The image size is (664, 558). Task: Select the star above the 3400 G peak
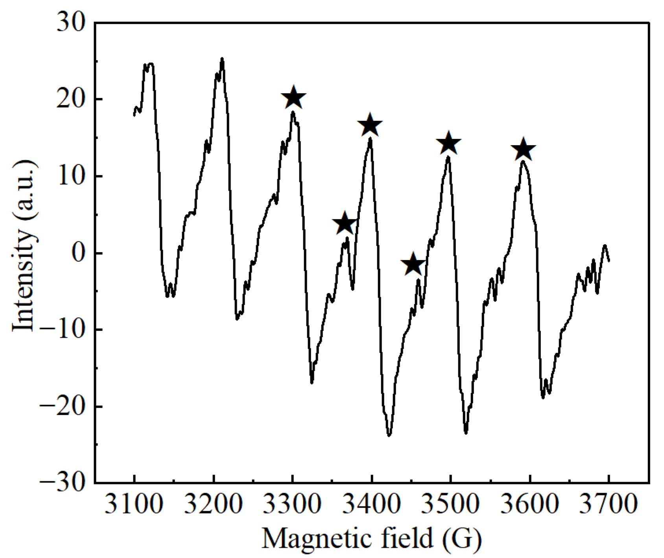(370, 125)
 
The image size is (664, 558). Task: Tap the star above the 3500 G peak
(448, 144)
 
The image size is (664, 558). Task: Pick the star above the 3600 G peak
(523, 150)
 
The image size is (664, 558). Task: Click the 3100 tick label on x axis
(134, 504)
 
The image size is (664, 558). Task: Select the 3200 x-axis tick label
(213, 504)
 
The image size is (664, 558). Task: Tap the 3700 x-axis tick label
(608, 504)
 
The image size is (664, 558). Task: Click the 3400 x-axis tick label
(371, 504)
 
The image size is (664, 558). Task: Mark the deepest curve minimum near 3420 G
(389, 435)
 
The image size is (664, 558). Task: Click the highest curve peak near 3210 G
(222, 59)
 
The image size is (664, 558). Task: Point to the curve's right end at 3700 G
(609, 261)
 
